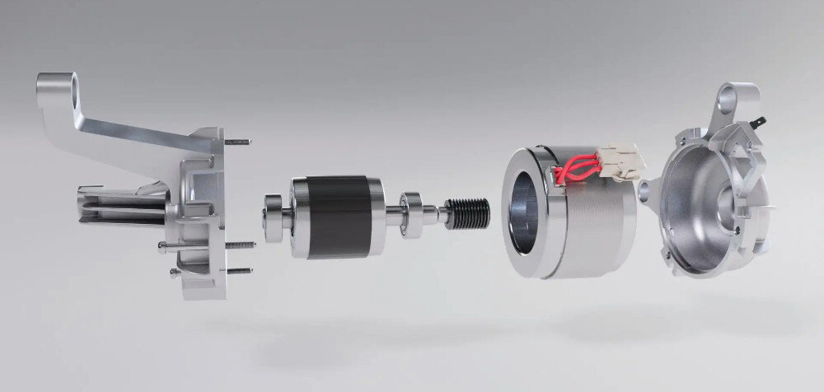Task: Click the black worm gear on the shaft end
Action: (x=469, y=212)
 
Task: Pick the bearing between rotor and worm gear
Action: (x=410, y=213)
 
